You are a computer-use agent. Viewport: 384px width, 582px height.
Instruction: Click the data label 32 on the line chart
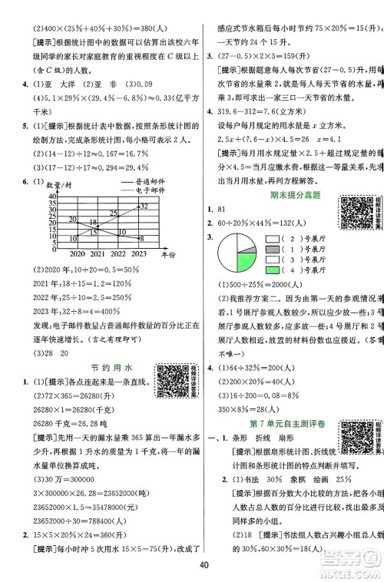tap(144, 207)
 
